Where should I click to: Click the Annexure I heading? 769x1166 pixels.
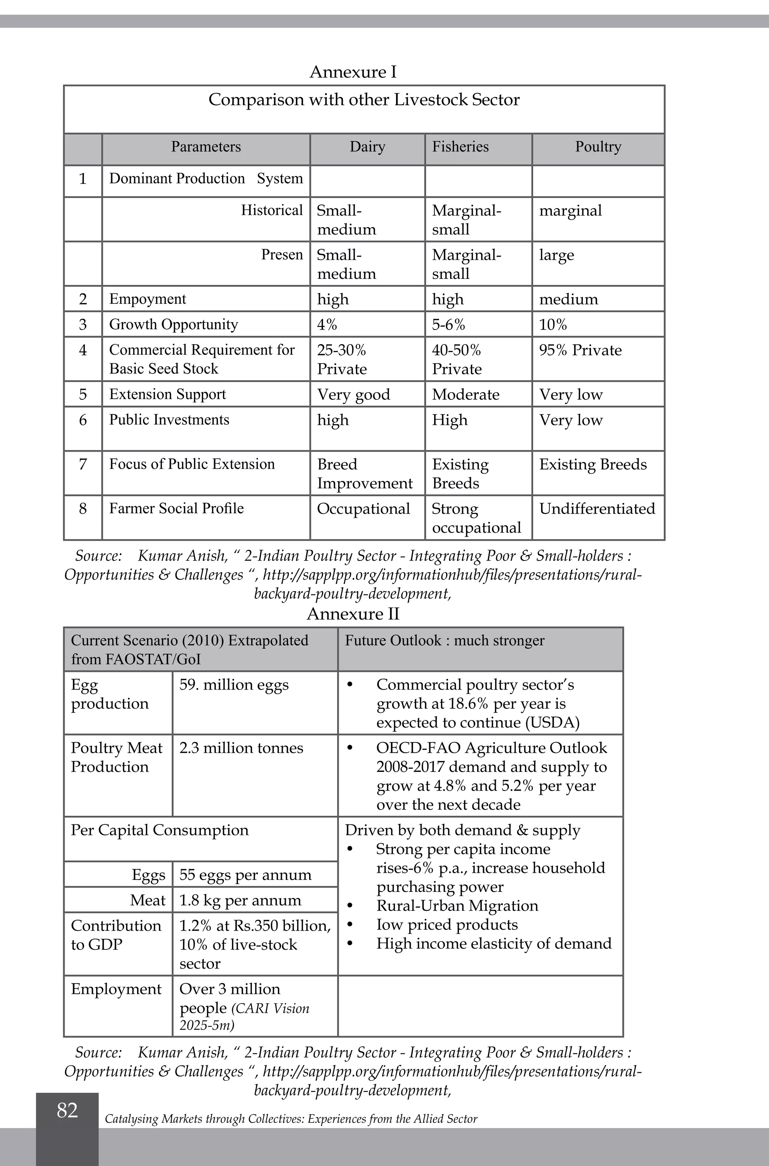353,72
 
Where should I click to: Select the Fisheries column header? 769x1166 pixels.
460,147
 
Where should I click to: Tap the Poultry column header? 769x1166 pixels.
598,147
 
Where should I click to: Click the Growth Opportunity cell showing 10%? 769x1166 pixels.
553,325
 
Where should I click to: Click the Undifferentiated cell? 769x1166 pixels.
597,508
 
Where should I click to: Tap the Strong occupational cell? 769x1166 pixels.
476,518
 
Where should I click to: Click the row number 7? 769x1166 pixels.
83,464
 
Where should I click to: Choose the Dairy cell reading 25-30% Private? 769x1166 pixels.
342,359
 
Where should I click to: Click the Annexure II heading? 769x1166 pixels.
353,614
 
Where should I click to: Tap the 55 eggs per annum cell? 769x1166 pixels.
245,875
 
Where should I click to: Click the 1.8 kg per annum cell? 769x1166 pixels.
240,900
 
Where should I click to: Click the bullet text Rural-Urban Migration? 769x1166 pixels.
457,905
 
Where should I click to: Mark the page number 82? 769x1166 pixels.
67,1110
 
